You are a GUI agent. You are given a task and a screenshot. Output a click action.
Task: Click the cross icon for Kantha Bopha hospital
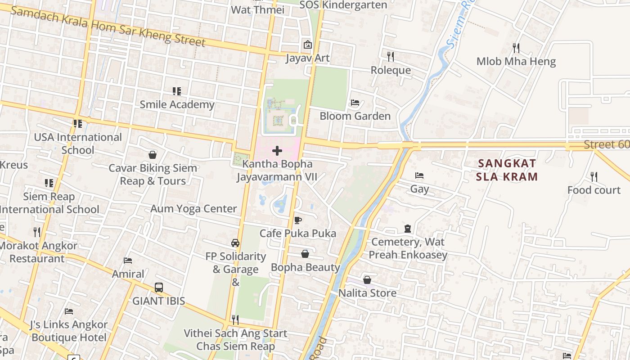pyautogui.click(x=277, y=151)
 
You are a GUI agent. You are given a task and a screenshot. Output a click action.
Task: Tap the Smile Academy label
pyautogui.click(x=177, y=104)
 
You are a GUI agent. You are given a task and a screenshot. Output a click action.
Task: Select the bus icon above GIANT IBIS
pyautogui.click(x=158, y=288)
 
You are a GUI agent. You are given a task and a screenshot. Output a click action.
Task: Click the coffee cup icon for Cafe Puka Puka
pyautogui.click(x=297, y=220)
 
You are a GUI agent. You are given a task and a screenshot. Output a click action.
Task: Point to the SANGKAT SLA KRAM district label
pyautogui.click(x=507, y=170)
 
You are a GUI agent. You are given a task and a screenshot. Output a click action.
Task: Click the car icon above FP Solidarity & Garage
pyautogui.click(x=235, y=243)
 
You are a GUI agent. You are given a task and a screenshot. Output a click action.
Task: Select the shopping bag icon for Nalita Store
pyautogui.click(x=367, y=280)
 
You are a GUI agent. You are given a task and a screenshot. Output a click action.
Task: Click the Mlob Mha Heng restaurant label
pyautogui.click(x=516, y=61)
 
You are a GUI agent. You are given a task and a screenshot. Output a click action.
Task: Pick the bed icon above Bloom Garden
pyautogui.click(x=355, y=103)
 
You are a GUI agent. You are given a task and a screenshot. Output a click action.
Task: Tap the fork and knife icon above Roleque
pyautogui.click(x=391, y=56)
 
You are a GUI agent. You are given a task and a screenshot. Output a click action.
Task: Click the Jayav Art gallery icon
pyautogui.click(x=308, y=45)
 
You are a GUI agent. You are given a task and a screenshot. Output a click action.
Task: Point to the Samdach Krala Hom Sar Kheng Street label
pyautogui.click(x=108, y=26)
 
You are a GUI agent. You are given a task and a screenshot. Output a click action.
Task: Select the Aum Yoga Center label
pyautogui.click(x=193, y=209)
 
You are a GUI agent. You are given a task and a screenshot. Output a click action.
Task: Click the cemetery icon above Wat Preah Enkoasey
pyautogui.click(x=408, y=229)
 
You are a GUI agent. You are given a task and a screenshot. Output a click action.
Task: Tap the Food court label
pyautogui.click(x=594, y=190)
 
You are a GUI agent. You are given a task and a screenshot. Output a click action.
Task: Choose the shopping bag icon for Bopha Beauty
pyautogui.click(x=305, y=254)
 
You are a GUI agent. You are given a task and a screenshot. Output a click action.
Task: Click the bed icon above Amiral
pyautogui.click(x=128, y=261)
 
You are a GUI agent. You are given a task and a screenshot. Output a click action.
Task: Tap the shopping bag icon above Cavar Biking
pyautogui.click(x=153, y=155)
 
